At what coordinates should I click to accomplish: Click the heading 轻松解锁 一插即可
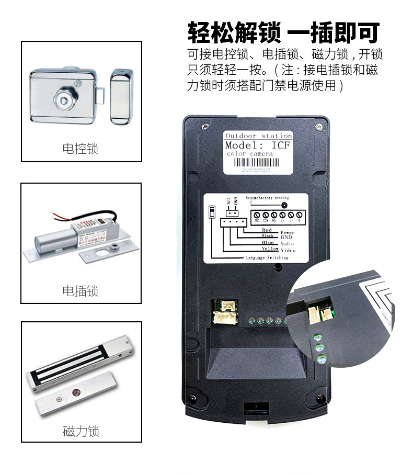click(x=283, y=32)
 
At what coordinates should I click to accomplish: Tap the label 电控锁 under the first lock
click(x=81, y=149)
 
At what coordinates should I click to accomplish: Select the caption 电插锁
click(x=81, y=291)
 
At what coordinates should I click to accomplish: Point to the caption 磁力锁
click(x=81, y=431)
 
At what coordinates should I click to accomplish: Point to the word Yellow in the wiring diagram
click(x=270, y=249)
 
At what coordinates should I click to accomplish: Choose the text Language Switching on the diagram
click(x=267, y=258)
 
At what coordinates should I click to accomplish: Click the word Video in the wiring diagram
click(x=288, y=251)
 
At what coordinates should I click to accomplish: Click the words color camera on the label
click(x=250, y=154)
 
